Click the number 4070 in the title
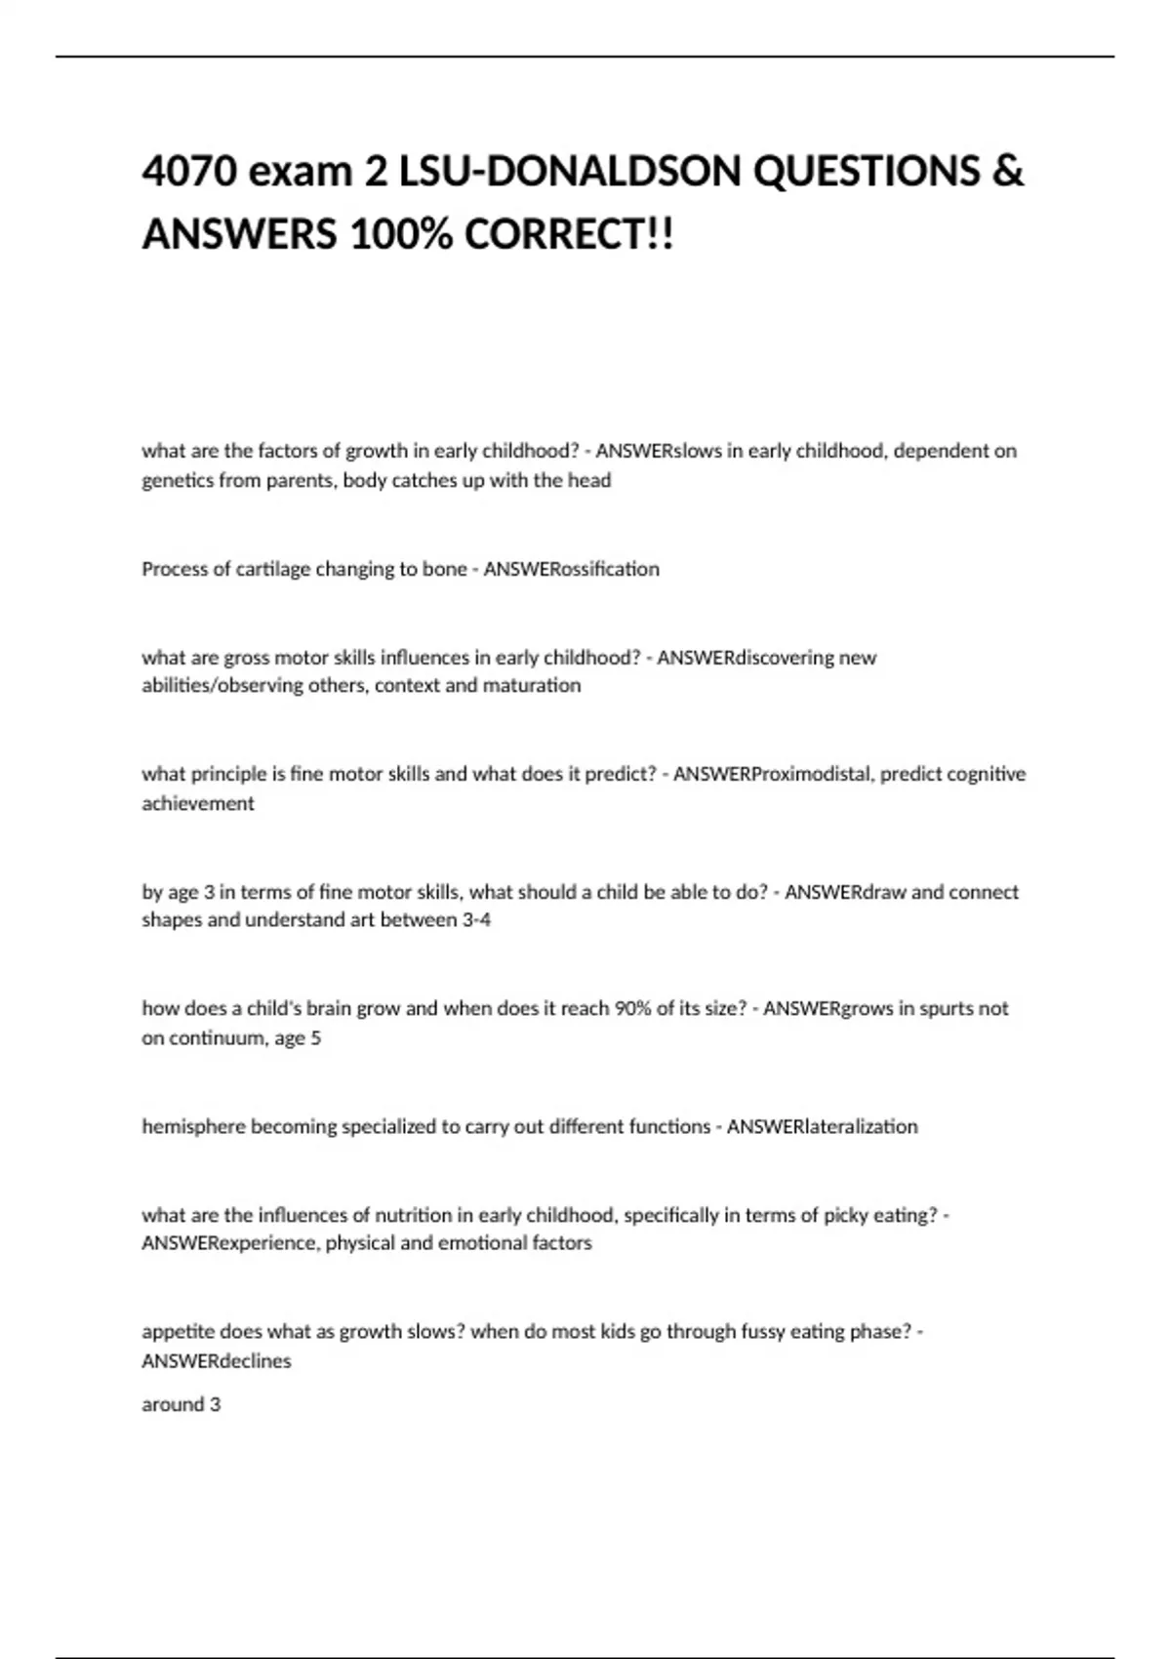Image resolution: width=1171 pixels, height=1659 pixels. click(x=190, y=171)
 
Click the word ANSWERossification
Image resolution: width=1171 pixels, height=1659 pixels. click(x=571, y=569)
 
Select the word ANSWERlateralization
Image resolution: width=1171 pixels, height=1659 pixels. click(x=822, y=1126)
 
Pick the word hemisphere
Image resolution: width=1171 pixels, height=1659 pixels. click(x=193, y=1126)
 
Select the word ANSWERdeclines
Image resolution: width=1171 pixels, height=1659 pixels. click(x=217, y=1360)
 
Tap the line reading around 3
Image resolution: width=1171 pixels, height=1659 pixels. click(x=182, y=1404)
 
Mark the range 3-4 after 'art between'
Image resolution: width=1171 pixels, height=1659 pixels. click(x=476, y=919)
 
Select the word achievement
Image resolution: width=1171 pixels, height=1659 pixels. click(x=198, y=803)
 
